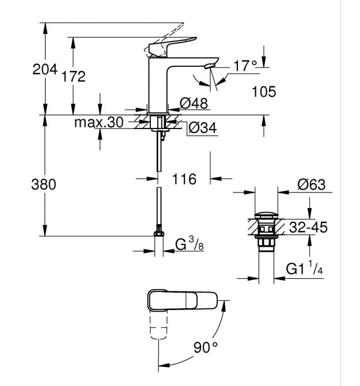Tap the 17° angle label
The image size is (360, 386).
point(244,66)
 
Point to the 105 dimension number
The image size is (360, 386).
point(264,92)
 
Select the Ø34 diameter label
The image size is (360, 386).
point(202,128)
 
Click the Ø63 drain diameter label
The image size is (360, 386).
point(312,185)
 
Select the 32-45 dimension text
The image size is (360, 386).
point(308,228)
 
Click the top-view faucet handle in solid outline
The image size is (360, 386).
point(181,301)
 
